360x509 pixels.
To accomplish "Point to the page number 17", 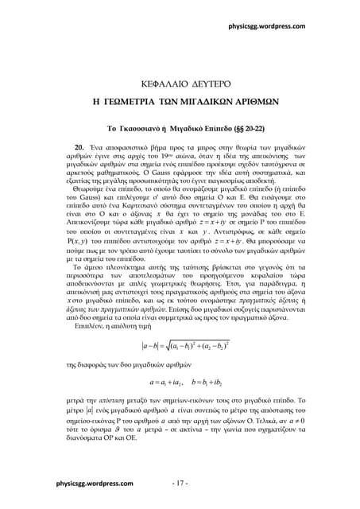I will (180, 484).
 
